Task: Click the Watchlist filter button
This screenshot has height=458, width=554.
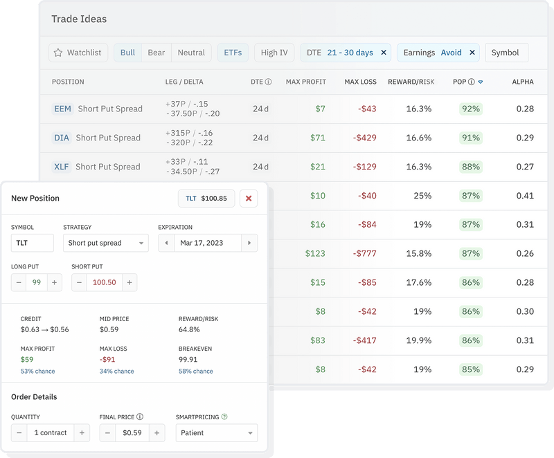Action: pos(78,53)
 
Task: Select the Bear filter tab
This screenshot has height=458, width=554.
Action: pos(156,53)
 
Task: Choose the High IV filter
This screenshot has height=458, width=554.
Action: pos(274,53)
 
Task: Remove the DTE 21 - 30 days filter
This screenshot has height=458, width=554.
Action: pos(384,53)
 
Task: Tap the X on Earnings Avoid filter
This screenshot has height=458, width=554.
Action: pos(473,53)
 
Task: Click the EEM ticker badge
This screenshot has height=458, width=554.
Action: pos(62,109)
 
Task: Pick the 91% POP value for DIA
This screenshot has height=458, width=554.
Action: pos(471,138)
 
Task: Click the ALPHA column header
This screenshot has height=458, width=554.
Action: pos(522,82)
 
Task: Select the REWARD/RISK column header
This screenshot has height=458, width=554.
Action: pos(411,82)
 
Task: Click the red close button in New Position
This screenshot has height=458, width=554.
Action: pos(249,199)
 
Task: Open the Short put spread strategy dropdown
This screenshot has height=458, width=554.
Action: pos(105,243)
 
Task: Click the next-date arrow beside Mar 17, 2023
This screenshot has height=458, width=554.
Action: pos(249,243)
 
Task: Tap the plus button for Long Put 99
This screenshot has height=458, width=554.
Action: pos(54,282)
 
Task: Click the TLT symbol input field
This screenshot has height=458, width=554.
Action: pos(33,243)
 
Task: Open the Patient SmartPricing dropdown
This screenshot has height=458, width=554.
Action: pos(216,433)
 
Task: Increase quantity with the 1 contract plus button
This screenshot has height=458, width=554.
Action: pos(82,433)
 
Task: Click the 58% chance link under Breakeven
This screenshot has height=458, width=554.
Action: pos(195,372)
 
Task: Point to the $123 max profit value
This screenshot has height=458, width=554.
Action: pos(314,254)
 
